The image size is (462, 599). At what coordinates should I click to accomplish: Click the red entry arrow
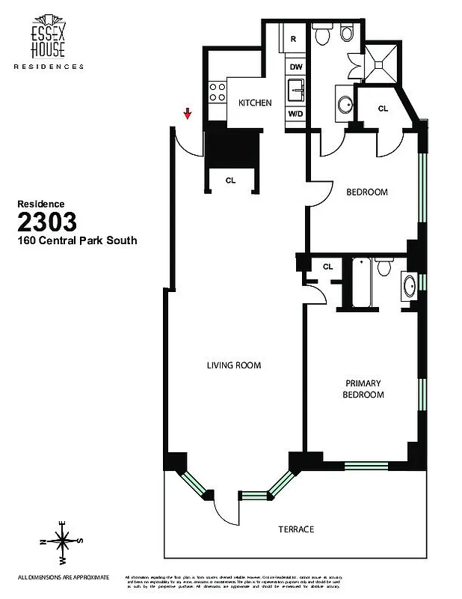coord(188,113)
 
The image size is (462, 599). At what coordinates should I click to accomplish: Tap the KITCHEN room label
coord(254,103)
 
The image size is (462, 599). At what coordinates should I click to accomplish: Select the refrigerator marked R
coord(295,39)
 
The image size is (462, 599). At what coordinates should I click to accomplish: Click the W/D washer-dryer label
coord(295,114)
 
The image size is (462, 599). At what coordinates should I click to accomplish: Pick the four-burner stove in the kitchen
coord(217,93)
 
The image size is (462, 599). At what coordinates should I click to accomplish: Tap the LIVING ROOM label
coord(233,365)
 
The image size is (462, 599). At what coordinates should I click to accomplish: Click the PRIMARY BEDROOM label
coord(363,389)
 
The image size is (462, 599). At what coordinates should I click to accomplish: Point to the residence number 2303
coord(46,222)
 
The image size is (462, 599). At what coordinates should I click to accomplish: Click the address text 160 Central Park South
coord(77,241)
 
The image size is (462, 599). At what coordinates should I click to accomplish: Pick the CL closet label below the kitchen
coord(230,180)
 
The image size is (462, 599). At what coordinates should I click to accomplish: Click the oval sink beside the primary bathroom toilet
coord(410,286)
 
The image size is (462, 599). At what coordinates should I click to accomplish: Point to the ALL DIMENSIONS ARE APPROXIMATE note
coord(64,577)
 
